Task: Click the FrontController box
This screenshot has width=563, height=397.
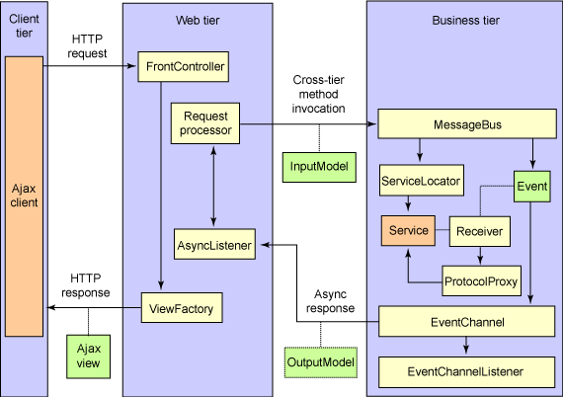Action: (185, 68)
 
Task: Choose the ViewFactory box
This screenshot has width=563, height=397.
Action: (177, 309)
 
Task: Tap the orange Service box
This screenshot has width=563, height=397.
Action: (408, 230)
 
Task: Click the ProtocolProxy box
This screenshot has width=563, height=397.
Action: (480, 279)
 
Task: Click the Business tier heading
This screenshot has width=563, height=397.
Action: (464, 20)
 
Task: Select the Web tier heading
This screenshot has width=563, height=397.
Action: (196, 20)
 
